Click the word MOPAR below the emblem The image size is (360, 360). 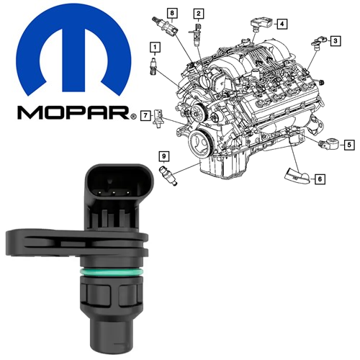[x=73, y=113]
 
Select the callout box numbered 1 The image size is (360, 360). [x=155, y=48]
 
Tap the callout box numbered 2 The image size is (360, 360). [x=199, y=14]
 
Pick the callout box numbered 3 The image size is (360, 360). [x=336, y=41]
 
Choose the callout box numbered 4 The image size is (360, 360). [x=282, y=24]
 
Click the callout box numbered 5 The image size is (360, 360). [x=349, y=145]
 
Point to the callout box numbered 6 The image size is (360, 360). [x=320, y=179]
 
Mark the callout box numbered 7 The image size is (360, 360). [x=145, y=116]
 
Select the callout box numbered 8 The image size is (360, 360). [x=172, y=13]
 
